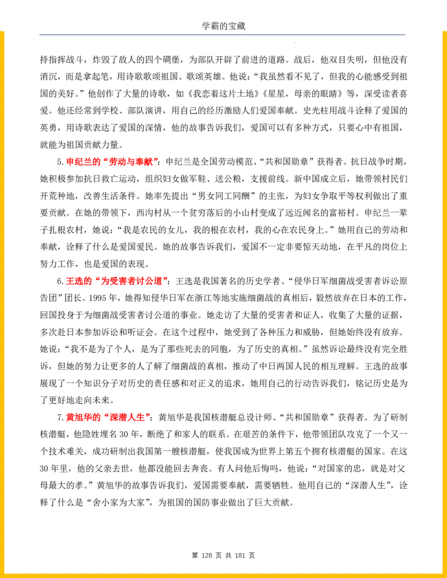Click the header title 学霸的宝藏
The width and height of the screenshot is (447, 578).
223,26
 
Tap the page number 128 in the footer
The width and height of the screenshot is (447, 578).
207,555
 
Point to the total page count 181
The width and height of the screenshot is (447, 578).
240,555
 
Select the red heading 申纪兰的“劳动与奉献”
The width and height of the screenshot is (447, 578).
112,161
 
